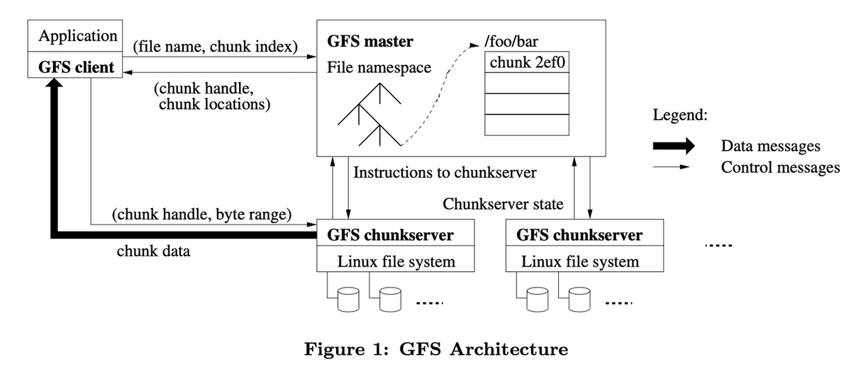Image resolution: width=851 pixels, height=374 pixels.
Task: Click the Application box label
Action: [78, 36]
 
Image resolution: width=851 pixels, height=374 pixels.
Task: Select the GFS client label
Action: [76, 67]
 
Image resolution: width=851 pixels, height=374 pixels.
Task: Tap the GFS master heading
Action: [370, 41]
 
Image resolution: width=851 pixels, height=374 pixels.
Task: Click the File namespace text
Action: [379, 67]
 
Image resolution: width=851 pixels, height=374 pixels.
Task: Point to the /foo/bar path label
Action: [511, 41]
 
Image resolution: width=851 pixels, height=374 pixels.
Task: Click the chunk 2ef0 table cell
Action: [527, 62]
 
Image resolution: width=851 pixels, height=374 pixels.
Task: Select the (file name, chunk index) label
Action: [216, 47]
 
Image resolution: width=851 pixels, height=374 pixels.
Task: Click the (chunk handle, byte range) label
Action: [201, 215]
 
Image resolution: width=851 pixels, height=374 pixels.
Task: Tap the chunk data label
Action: [153, 251]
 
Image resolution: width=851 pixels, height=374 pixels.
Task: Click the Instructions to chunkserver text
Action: [445, 173]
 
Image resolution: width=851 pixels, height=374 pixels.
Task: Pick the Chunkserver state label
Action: [503, 204]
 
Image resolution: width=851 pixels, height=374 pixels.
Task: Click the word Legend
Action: [680, 115]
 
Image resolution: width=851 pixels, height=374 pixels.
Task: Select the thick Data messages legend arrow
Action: [674, 146]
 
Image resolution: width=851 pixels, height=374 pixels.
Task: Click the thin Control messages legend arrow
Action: [671, 167]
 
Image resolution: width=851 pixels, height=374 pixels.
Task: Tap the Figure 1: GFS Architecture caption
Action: [436, 349]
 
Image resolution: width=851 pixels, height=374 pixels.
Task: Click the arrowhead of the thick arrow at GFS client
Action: [55, 83]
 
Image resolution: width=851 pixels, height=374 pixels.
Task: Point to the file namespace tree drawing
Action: [369, 115]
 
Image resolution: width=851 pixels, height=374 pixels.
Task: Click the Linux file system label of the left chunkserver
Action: [396, 261]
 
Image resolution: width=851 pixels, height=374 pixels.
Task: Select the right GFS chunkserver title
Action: [579, 235]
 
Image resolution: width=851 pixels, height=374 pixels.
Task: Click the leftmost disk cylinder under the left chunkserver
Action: [348, 300]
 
